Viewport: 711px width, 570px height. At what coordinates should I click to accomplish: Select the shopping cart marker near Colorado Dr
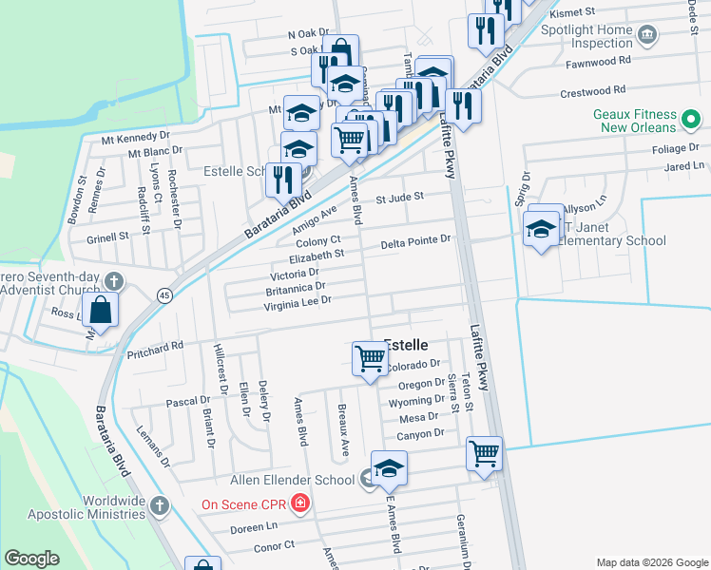[368, 358]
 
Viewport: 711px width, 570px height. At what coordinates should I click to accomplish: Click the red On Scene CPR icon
[300, 503]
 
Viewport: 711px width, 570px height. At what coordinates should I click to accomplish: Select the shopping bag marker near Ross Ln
[101, 309]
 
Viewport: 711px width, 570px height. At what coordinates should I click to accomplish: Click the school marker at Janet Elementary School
[542, 229]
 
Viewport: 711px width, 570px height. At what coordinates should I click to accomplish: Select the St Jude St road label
[398, 199]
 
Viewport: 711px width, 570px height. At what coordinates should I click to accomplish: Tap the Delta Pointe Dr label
[414, 241]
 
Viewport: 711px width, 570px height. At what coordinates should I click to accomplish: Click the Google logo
[32, 559]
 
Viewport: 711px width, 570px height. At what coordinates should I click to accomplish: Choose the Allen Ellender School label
[294, 481]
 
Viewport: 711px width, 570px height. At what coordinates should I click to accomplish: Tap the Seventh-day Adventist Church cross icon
[113, 280]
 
